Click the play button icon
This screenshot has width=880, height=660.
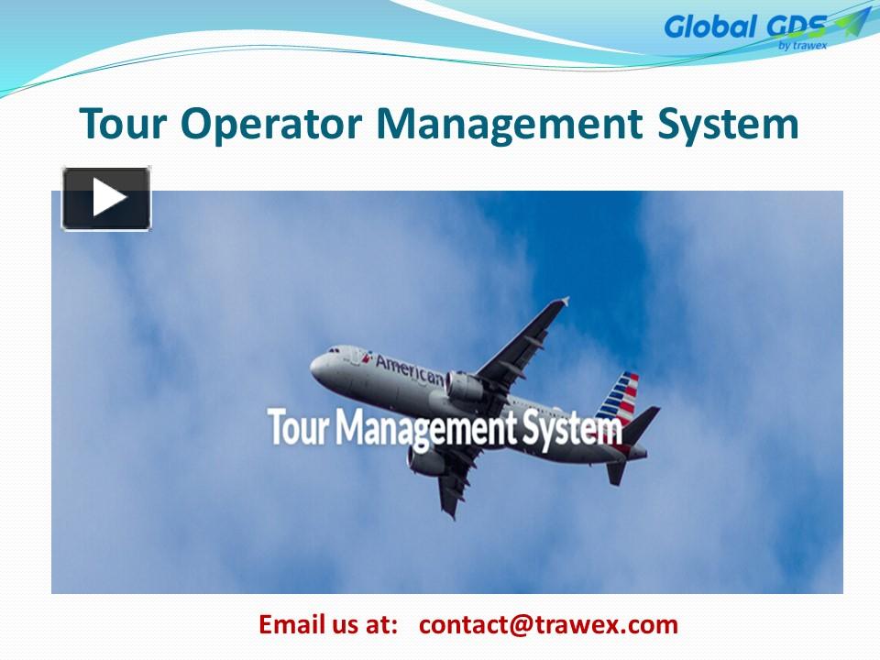point(106,198)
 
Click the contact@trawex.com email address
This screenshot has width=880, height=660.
point(548,625)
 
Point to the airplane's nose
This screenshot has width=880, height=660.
point(314,366)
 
